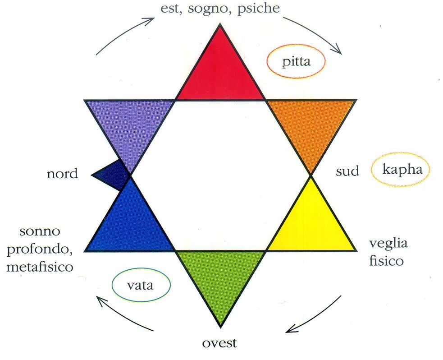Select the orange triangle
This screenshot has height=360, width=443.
coord(311,126)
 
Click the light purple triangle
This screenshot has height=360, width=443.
coord(130,126)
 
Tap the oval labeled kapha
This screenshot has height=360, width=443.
coord(400,170)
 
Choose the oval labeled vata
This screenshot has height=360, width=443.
coord(141,285)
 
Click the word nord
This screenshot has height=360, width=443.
coord(62,174)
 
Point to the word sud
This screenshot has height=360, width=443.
coord(348,171)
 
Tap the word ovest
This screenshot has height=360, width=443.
coord(219,343)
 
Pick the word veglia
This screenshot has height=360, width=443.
coord(388,244)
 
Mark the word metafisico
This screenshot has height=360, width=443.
coord(40,267)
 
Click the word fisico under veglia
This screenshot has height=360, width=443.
coord(386,260)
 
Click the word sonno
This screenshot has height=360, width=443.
coord(40,233)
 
